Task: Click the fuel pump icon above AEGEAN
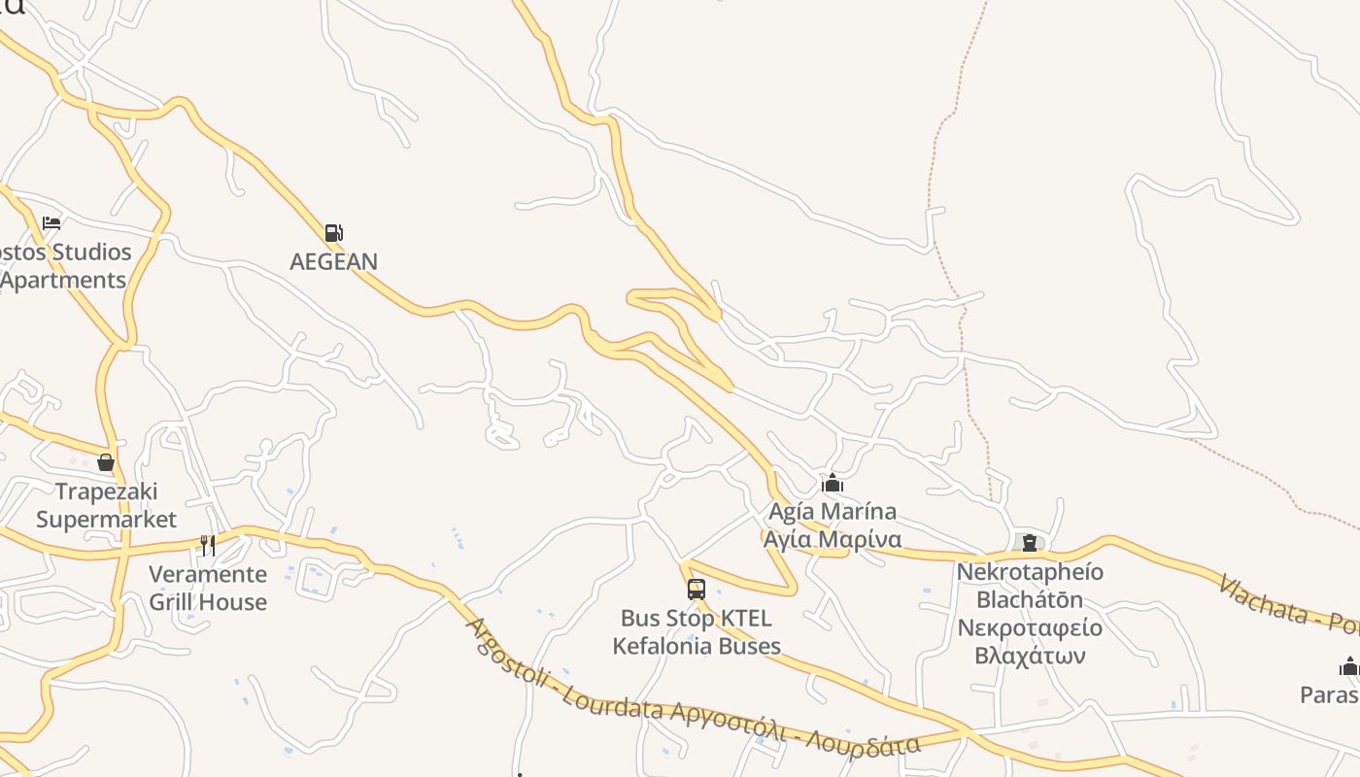333,233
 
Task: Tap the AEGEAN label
333,261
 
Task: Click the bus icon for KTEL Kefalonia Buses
696,589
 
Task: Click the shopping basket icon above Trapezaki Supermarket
106,462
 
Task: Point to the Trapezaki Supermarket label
106,505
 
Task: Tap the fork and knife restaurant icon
208,545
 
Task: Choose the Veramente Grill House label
208,588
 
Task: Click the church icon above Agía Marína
833,483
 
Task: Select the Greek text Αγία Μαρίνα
833,539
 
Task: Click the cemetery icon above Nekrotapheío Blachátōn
1030,543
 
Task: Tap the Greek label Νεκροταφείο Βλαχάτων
1030,641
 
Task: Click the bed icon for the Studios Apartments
51,223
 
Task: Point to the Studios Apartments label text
64,266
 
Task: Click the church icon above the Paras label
1348,666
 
